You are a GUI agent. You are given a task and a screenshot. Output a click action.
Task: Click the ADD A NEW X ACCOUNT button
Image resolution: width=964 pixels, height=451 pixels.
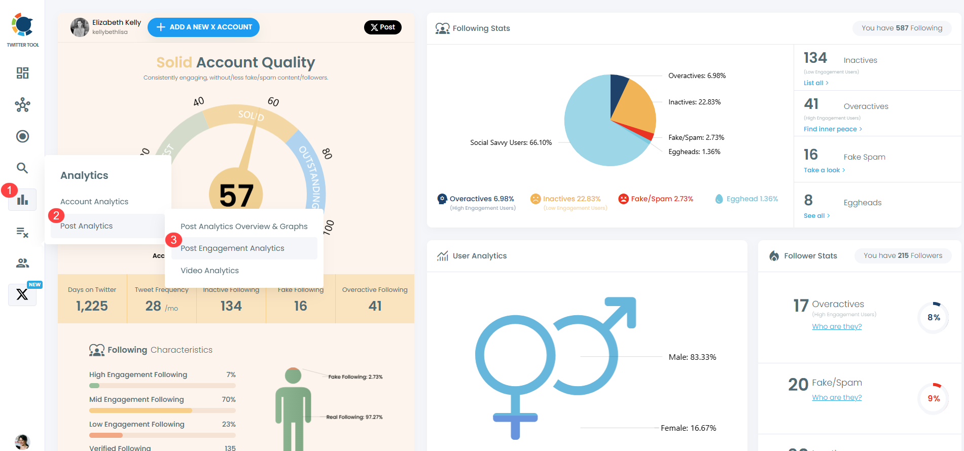[203, 27]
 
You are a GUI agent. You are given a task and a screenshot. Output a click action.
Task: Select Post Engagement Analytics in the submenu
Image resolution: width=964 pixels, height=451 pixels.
[232, 248]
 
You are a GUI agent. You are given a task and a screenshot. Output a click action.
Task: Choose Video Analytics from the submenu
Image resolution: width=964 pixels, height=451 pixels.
[209, 271]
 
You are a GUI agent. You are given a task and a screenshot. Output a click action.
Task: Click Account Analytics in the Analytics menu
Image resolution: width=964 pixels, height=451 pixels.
[94, 202]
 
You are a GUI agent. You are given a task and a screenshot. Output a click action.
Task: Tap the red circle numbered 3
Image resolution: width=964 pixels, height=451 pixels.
[173, 240]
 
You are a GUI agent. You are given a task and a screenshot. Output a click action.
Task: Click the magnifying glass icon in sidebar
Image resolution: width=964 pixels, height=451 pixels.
[22, 168]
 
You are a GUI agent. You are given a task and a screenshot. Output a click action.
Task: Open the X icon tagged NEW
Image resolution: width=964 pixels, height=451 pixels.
[22, 294]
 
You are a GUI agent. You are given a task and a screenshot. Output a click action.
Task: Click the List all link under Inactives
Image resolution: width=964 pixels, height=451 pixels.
[815, 83]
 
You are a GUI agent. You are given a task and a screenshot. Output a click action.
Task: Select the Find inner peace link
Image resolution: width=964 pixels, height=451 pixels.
[832, 129]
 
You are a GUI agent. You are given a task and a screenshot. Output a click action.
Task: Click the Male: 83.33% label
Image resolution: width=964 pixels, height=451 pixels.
[692, 357]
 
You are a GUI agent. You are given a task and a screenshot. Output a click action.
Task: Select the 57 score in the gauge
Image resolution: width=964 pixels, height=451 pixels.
[236, 196]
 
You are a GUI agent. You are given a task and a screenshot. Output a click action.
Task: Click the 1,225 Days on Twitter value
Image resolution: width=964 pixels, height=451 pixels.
[92, 306]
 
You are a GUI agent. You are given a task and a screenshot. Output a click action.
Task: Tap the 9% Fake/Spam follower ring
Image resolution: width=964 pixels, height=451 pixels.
[933, 399]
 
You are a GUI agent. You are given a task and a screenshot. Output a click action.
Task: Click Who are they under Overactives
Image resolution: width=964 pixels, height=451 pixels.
[837, 327]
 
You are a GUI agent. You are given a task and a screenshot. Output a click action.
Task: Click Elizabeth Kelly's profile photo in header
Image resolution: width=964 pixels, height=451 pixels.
[80, 27]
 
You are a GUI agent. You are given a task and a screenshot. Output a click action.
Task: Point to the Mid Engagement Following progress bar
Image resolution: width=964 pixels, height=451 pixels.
[162, 410]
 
